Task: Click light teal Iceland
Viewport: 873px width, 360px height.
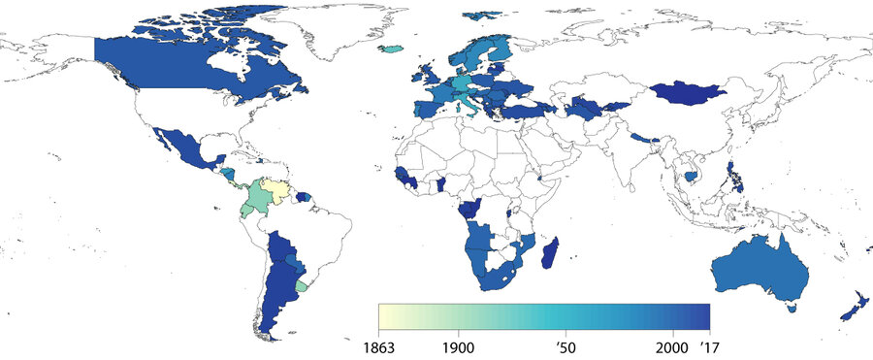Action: pos(390,48)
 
